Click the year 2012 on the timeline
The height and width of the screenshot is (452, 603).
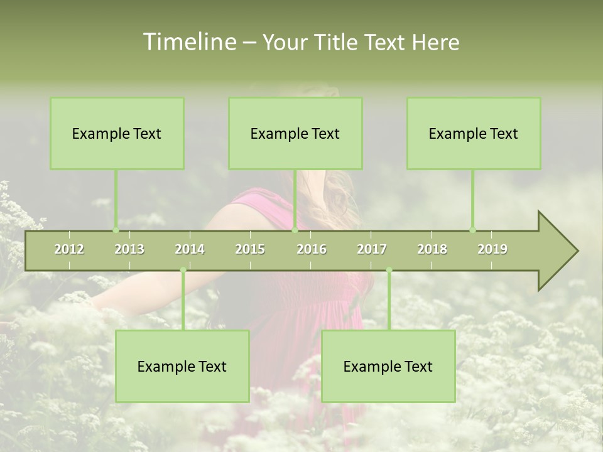[x=69, y=249]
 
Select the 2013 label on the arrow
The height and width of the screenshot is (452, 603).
[x=129, y=249]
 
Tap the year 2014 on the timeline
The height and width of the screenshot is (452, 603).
[x=190, y=249]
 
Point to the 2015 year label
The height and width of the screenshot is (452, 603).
[x=250, y=249]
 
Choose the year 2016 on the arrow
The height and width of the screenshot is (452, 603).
[x=312, y=249]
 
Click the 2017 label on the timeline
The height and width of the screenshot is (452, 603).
[x=372, y=249]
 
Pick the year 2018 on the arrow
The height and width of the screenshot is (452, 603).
[x=432, y=249]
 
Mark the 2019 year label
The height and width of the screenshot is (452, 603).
[x=492, y=249]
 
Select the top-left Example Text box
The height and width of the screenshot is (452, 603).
[x=117, y=133]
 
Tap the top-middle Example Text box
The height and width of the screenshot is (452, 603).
[x=295, y=133]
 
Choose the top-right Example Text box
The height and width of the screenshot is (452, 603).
[x=474, y=133]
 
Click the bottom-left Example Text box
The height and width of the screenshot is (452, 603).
[x=182, y=366]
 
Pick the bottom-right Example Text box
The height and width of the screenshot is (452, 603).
[x=388, y=366]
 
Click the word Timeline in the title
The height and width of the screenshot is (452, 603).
[x=189, y=42]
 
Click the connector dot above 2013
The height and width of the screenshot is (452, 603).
[x=116, y=230]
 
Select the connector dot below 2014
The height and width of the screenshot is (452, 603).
[x=183, y=270]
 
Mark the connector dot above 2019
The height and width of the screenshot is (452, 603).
[x=472, y=230]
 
